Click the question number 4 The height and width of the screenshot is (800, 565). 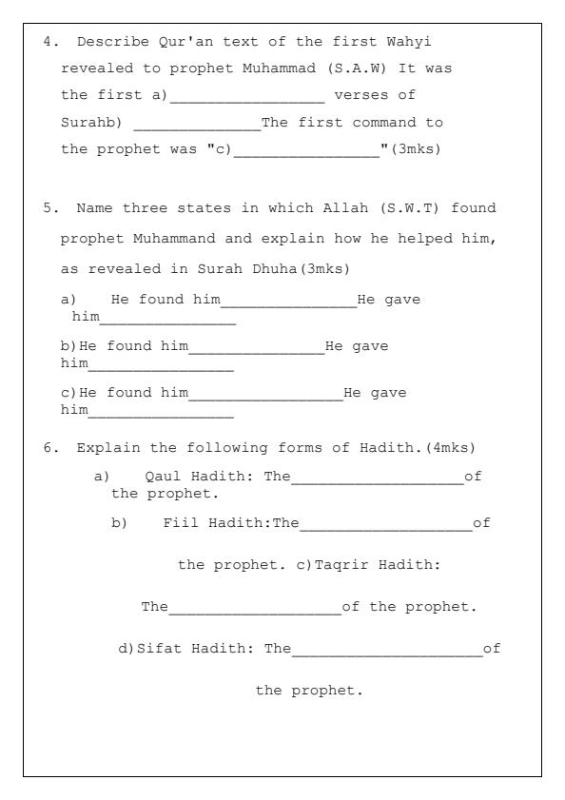coord(48,43)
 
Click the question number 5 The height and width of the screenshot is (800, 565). coord(48,208)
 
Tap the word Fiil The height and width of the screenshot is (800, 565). coord(179,522)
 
